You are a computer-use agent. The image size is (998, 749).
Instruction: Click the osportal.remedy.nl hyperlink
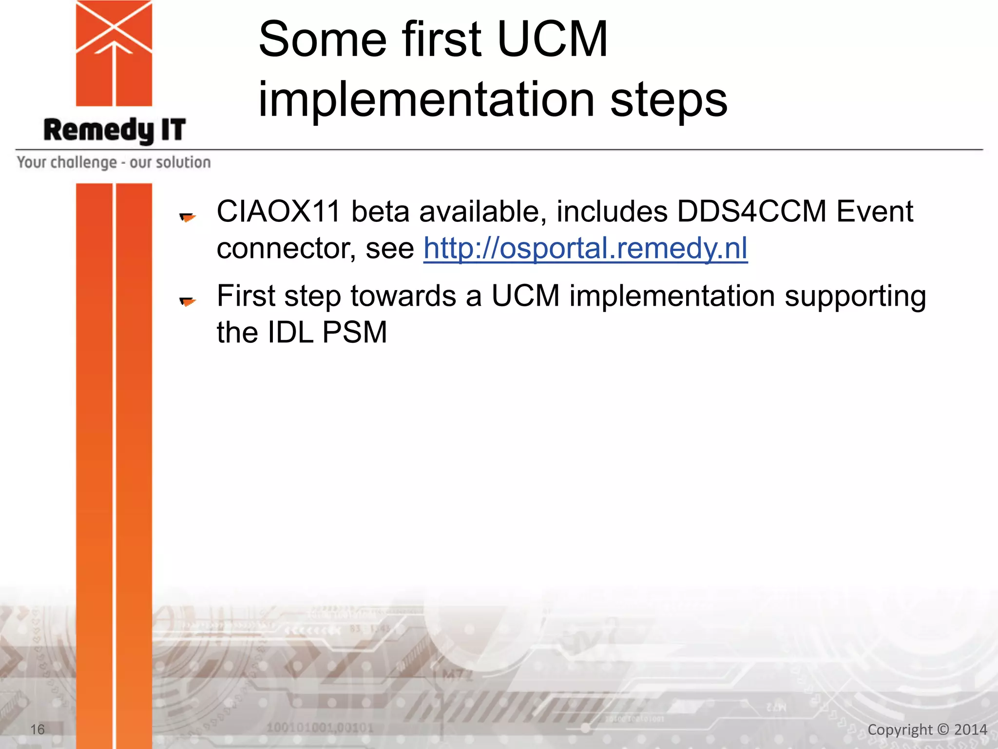click(585, 248)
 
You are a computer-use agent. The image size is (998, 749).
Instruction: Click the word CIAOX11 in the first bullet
click(278, 212)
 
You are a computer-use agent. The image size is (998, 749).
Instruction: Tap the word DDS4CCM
click(751, 212)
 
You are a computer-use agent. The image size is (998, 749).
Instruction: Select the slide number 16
click(38, 729)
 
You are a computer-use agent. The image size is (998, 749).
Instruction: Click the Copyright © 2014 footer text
click(927, 729)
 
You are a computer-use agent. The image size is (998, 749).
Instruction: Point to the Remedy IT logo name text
click(115, 130)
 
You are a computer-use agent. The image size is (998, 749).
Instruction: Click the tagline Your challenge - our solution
click(114, 162)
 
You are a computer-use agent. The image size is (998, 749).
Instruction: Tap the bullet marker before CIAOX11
click(187, 217)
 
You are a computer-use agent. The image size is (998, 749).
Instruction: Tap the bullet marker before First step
click(187, 301)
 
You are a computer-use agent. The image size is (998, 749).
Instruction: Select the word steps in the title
click(669, 100)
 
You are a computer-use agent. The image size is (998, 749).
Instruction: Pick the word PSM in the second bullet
click(354, 333)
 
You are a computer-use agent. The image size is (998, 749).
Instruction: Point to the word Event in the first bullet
click(874, 212)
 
